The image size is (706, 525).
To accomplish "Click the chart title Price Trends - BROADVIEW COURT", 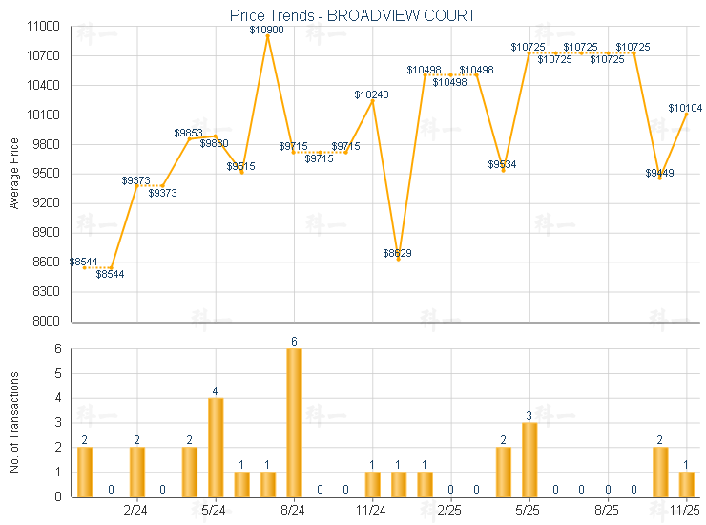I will [x=353, y=15].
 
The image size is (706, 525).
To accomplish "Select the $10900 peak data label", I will [x=266, y=31].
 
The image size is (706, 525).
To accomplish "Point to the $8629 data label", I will [x=398, y=253].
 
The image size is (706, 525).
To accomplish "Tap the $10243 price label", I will [x=371, y=94].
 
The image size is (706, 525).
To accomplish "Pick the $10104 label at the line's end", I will [x=685, y=108].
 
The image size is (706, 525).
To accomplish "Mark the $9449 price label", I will [x=659, y=173].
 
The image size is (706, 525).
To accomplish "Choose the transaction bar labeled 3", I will [x=529, y=459].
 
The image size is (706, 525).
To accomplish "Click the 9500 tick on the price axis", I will [x=46, y=174].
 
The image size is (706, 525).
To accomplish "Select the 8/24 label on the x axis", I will [x=294, y=511].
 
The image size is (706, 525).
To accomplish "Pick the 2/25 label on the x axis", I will [x=450, y=511].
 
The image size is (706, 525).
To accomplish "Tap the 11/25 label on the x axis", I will [x=685, y=511].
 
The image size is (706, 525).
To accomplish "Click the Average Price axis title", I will [x=14, y=174].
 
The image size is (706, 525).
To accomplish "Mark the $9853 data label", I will [x=188, y=133].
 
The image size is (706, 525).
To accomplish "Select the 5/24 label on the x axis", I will [x=215, y=511].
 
